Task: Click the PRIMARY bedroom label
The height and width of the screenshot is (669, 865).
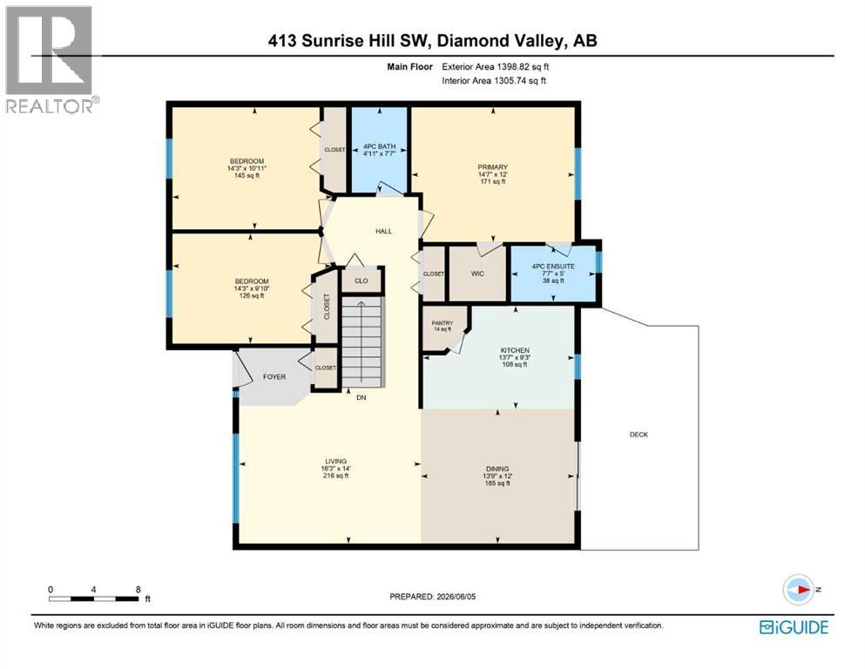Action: [493, 167]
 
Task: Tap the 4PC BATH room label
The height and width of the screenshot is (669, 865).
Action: [380, 146]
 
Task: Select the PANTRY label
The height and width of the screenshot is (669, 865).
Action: [443, 323]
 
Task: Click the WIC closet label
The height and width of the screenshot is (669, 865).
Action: [477, 274]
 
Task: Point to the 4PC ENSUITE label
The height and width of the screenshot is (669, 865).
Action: [553, 267]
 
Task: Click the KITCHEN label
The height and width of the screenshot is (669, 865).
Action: [515, 350]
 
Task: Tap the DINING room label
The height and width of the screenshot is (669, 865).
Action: [497, 469]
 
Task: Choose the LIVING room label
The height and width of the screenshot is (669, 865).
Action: [335, 461]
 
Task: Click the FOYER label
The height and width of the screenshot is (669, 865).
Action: [274, 376]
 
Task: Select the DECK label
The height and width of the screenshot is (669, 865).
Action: [639, 435]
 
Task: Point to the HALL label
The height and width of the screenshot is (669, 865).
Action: [384, 231]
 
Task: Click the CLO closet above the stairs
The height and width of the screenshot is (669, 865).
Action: [362, 280]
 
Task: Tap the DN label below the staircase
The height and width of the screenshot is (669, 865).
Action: [362, 397]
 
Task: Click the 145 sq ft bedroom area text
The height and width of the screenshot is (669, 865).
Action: [247, 175]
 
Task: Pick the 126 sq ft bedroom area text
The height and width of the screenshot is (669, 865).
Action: [252, 295]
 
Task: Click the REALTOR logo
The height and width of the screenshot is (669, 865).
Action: [51, 59]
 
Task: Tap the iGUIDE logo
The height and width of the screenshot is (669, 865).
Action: [794, 628]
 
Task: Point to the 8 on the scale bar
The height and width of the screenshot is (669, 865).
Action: [138, 589]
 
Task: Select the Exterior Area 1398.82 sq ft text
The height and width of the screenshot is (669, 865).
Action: [496, 67]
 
